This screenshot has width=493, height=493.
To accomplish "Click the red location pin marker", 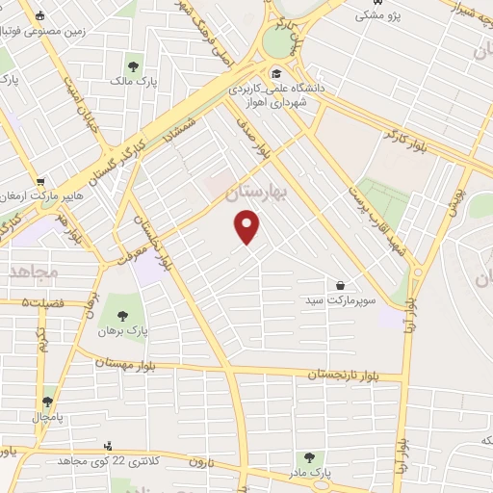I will coord(248,227).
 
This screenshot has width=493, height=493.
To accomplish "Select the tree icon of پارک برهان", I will coord(121,315).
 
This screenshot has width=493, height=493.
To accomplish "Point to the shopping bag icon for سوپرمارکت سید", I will coord(341,285).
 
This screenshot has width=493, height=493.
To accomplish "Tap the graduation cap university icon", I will coord(275,74).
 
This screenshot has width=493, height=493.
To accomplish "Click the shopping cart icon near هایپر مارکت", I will coord(40,180).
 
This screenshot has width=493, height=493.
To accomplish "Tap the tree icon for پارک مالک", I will coord(133,67).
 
